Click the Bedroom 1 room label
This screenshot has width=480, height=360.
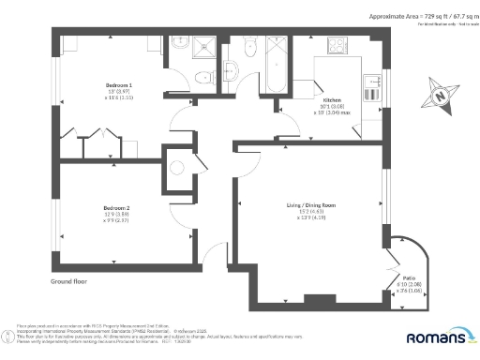click(117, 84)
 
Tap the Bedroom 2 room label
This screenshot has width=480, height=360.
click(116, 207)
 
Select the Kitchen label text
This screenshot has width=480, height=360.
click(333, 99)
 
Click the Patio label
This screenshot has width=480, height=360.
click(409, 277)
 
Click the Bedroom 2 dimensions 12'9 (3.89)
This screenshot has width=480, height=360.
click(116, 215)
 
